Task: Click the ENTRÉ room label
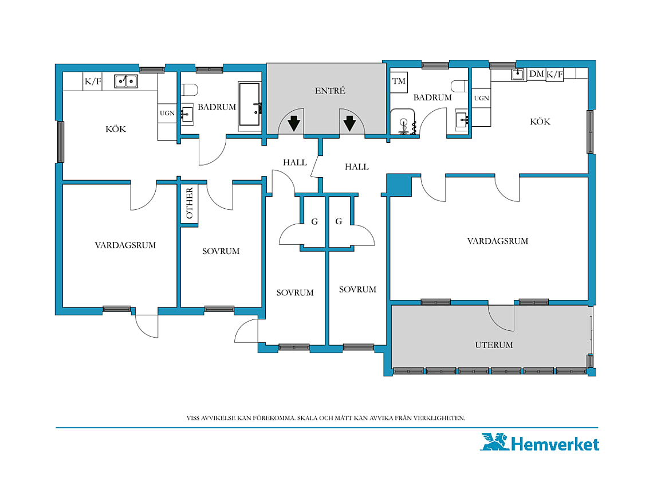click(x=330, y=91)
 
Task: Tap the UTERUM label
click(x=494, y=345)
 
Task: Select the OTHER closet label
click(x=190, y=203)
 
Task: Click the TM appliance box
click(x=399, y=82)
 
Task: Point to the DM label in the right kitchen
click(x=536, y=74)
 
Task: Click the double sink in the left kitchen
click(x=126, y=81)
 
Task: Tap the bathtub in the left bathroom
click(x=249, y=104)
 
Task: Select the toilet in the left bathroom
click(x=190, y=89)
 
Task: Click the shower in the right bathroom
click(x=403, y=122)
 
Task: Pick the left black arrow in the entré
click(x=294, y=123)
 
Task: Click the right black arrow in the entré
click(x=349, y=123)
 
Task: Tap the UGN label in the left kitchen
click(x=167, y=113)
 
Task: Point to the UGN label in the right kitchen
click(x=481, y=98)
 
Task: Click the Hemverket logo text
click(x=554, y=444)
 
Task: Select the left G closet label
click(x=314, y=221)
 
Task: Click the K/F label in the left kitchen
click(x=93, y=81)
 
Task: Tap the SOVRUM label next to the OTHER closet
click(x=221, y=251)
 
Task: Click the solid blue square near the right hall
click(x=399, y=186)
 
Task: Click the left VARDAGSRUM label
click(x=125, y=245)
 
